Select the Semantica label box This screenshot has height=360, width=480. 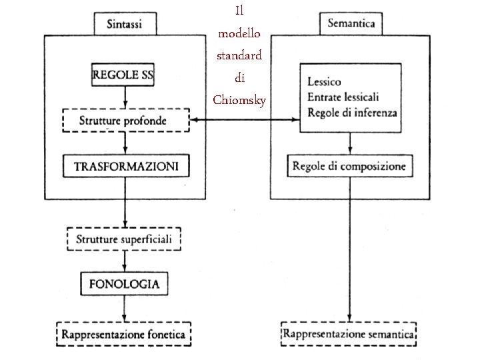[351, 24]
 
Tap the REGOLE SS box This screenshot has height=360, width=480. [123, 75]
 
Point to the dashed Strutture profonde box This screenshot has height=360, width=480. [123, 120]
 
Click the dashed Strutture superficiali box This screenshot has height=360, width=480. [124, 238]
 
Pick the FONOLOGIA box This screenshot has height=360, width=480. [124, 283]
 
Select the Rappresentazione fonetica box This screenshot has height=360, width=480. [123, 335]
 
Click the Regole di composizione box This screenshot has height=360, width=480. [349, 166]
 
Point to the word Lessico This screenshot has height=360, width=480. [325, 82]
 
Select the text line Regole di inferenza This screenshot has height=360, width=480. [352, 113]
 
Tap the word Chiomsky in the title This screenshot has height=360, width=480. [239, 101]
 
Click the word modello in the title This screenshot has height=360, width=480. [239, 33]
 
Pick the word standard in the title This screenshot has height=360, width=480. [239, 55]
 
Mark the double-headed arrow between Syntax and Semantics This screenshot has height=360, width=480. [244, 120]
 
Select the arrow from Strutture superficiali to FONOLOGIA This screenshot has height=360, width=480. [124, 261]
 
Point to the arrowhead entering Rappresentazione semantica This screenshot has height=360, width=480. [349, 319]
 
